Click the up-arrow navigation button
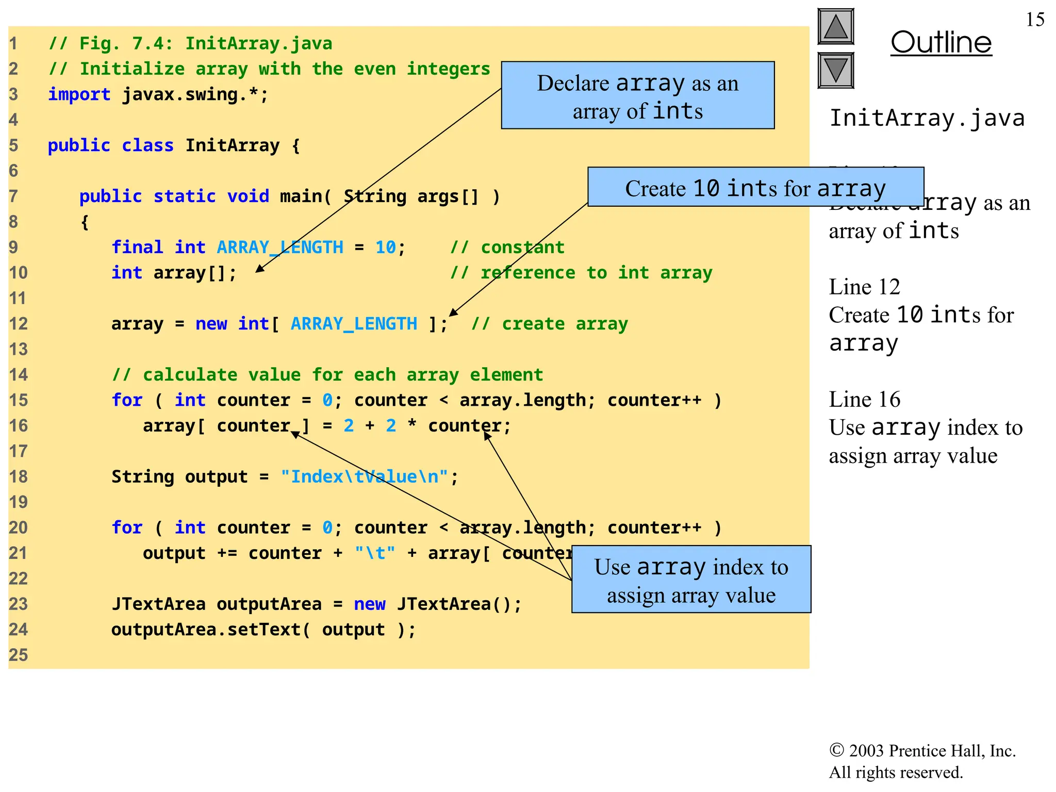[x=835, y=26]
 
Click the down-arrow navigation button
[x=835, y=70]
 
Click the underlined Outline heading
[x=941, y=42]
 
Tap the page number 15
[x=1035, y=20]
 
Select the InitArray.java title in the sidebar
[x=927, y=118]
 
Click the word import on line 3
[x=79, y=94]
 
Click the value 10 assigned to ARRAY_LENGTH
[x=385, y=247]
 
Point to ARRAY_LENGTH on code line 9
[x=279, y=247]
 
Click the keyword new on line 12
[x=211, y=324]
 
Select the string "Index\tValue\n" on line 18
[x=364, y=477]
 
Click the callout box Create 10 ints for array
[x=755, y=188]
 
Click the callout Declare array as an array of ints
[x=637, y=96]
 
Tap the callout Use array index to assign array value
[x=691, y=580]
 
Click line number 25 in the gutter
[x=18, y=655]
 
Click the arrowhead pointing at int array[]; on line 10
[x=259, y=269]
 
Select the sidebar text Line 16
[x=864, y=400]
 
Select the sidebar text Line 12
[x=864, y=287]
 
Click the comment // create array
[x=549, y=324]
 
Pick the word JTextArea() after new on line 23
[x=459, y=604]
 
